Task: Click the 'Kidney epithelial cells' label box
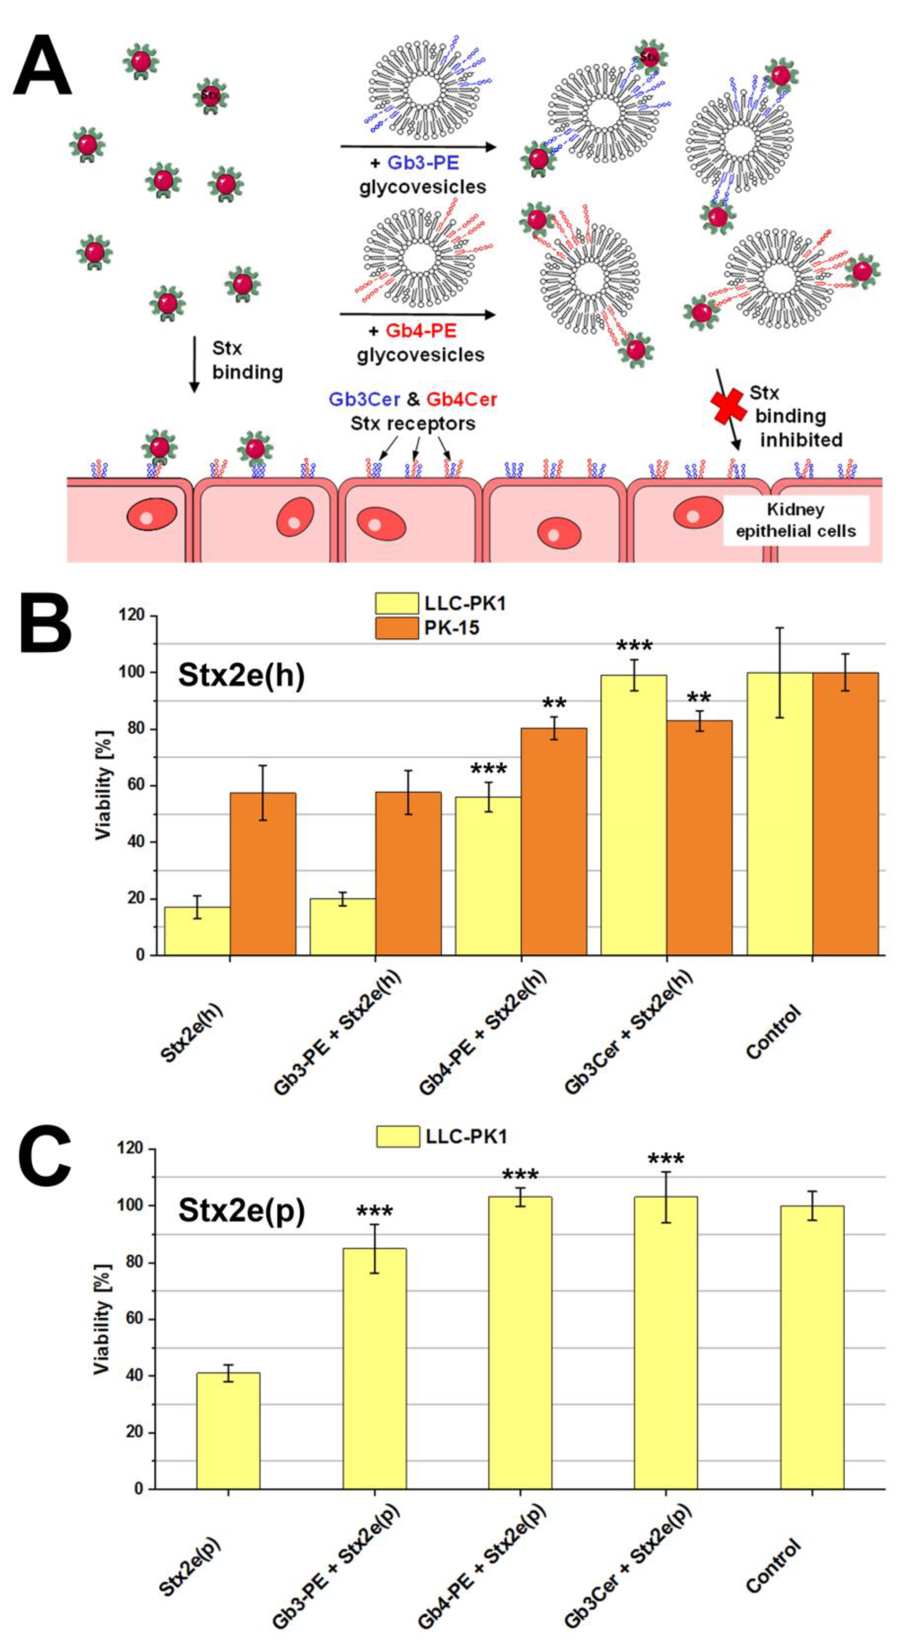click(796, 520)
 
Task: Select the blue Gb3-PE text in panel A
click(423, 163)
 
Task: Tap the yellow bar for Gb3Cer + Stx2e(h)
click(634, 815)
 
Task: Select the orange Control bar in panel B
click(845, 813)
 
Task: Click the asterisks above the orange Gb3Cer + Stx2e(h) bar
click(699, 698)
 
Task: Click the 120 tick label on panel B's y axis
click(132, 616)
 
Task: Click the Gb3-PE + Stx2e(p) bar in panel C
click(375, 1369)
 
